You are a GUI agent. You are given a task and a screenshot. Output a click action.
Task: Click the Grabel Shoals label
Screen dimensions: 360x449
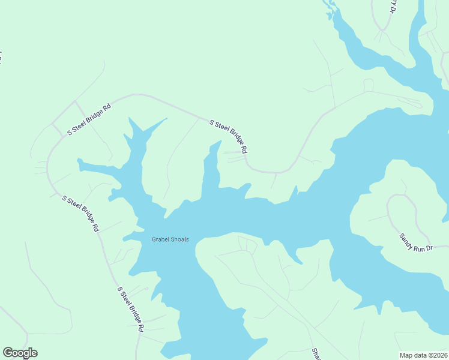click(x=170, y=239)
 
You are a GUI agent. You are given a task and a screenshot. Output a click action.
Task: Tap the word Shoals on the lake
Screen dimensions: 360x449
click(x=179, y=239)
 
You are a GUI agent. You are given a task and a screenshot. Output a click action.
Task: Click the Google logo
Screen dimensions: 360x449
click(x=20, y=353)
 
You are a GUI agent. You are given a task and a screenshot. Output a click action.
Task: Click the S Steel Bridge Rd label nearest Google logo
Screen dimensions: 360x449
click(x=131, y=309)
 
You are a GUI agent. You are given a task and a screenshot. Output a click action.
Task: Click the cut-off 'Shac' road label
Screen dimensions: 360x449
click(x=315, y=354)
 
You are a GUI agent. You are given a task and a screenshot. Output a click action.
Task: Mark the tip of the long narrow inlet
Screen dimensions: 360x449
click(x=220, y=142)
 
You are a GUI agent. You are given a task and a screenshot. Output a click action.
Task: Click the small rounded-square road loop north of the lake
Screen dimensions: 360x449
click(x=369, y=85)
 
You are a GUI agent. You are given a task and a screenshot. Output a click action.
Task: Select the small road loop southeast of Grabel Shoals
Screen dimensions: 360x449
click(x=247, y=243)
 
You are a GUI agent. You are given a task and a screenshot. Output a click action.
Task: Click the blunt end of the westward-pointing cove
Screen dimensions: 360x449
click(x=79, y=161)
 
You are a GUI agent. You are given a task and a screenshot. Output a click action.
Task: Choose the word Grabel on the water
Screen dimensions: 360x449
click(x=160, y=239)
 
